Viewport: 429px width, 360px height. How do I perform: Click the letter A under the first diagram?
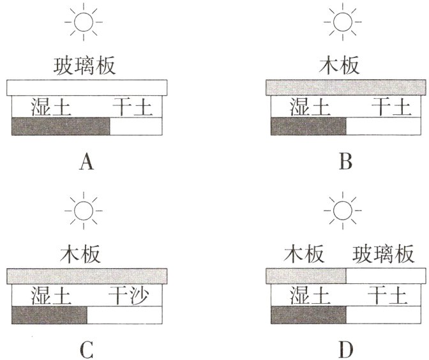click(x=87, y=164)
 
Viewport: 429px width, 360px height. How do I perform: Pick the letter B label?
click(x=346, y=164)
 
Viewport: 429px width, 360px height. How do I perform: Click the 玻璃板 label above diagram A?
click(x=87, y=66)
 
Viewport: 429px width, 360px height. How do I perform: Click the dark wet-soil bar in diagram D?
click(x=308, y=315)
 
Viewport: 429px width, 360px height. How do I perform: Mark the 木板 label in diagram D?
click(x=304, y=255)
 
